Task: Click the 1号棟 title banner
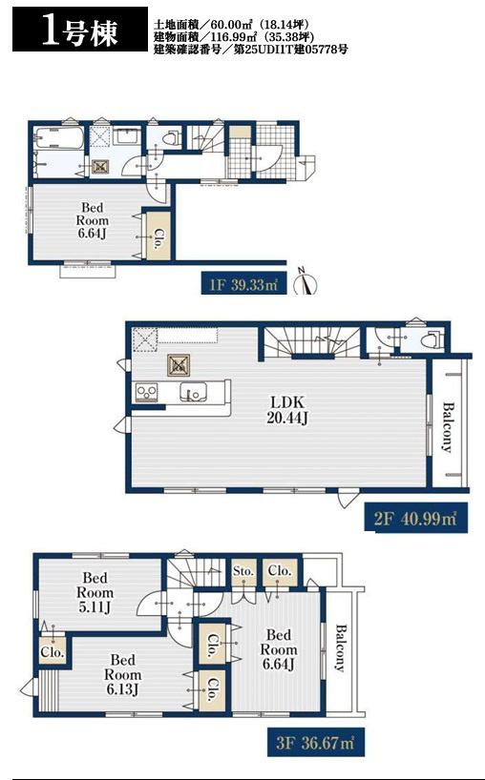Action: pyautogui.click(x=80, y=29)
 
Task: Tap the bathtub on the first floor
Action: pyautogui.click(x=59, y=137)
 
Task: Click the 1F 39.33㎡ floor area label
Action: pyautogui.click(x=244, y=284)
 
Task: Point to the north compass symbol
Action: pyautogui.click(x=305, y=282)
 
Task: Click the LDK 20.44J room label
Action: pyautogui.click(x=286, y=410)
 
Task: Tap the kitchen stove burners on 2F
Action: pyautogui.click(x=146, y=393)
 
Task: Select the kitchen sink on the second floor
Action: pyautogui.click(x=193, y=392)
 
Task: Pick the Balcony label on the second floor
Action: pyautogui.click(x=448, y=427)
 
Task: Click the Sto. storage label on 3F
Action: pyautogui.click(x=243, y=571)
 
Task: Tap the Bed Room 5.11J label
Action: pyautogui.click(x=95, y=592)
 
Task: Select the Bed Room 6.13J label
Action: pyautogui.click(x=122, y=674)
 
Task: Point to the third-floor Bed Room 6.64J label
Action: pyautogui.click(x=279, y=649)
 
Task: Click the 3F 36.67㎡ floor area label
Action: pyautogui.click(x=315, y=743)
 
